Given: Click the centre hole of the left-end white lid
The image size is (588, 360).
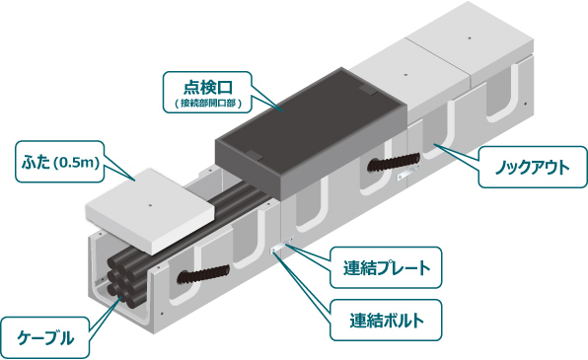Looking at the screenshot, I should tap(150, 205).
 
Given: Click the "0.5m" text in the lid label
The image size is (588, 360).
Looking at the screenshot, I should tap(83, 161).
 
